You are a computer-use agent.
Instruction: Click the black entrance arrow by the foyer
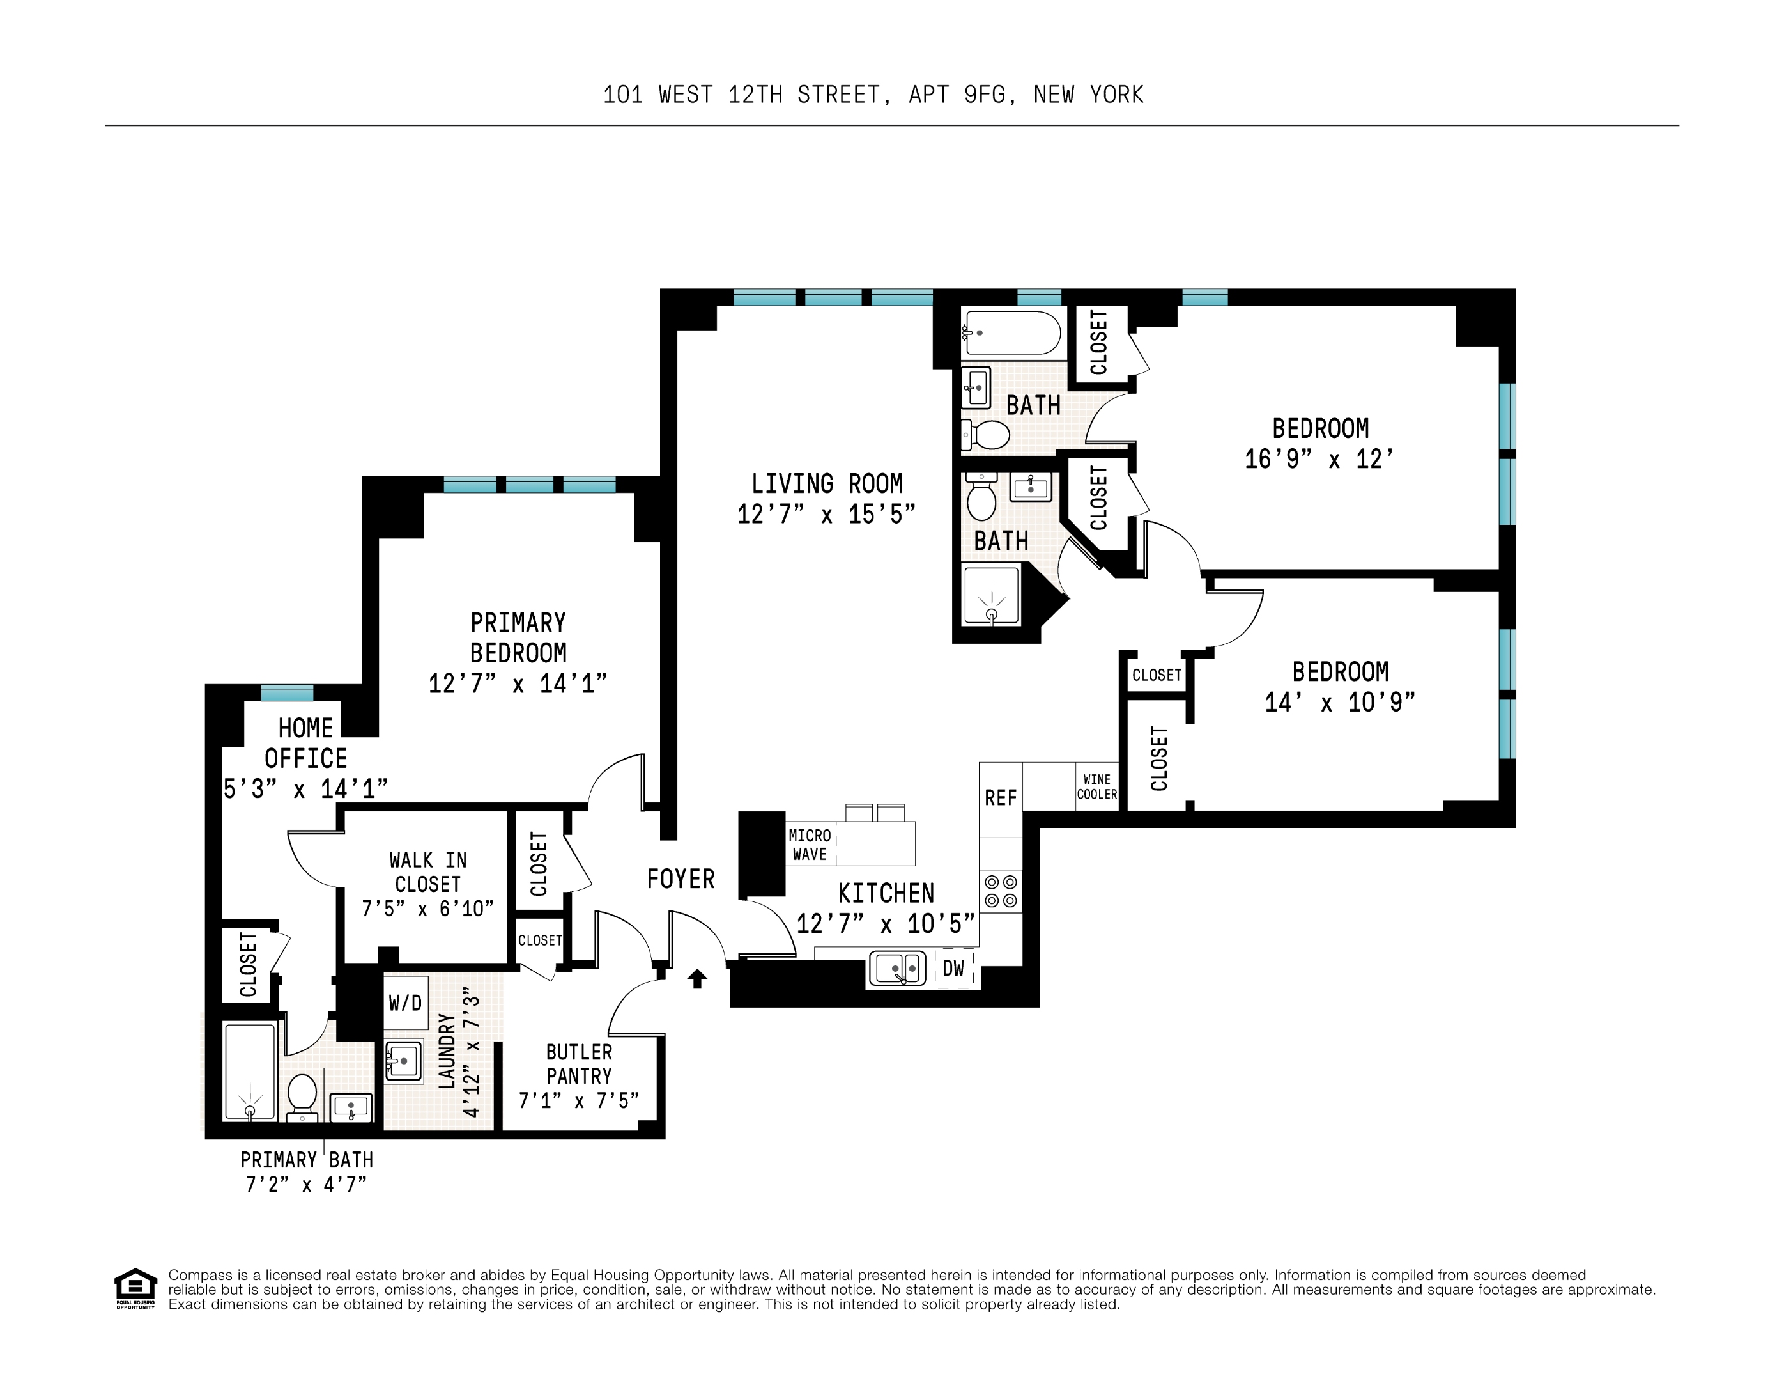pyautogui.click(x=696, y=978)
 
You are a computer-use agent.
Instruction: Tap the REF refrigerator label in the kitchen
pyautogui.click(x=1000, y=797)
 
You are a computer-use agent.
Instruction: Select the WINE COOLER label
pyautogui.click(x=1096, y=787)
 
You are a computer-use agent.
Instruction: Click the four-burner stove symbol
pyautogui.click(x=1001, y=891)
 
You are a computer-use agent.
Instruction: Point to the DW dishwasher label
pyautogui.click(x=953, y=969)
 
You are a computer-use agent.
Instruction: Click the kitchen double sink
pyautogui.click(x=897, y=969)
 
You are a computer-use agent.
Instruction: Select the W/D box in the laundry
pyautogui.click(x=405, y=1002)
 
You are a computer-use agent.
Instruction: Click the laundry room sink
pyautogui.click(x=404, y=1061)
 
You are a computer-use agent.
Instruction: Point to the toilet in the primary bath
pyautogui.click(x=302, y=1095)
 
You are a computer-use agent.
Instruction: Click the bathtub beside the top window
pyautogui.click(x=1012, y=332)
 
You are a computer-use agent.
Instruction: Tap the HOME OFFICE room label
pyautogui.click(x=305, y=743)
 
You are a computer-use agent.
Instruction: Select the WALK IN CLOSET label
pyautogui.click(x=427, y=872)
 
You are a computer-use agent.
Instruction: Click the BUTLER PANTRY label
pyautogui.click(x=578, y=1063)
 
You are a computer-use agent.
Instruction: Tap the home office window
pyautogui.click(x=287, y=693)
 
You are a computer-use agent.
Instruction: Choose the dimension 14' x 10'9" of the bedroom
pyautogui.click(x=1340, y=702)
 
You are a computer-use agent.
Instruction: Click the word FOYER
pyautogui.click(x=681, y=879)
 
